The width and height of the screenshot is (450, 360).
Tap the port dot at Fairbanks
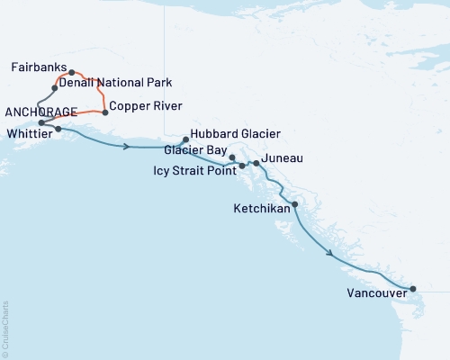click(71, 72)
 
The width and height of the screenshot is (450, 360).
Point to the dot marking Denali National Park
click(55, 88)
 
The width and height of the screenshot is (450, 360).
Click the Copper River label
click(142, 107)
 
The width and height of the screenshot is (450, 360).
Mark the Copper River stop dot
click(105, 112)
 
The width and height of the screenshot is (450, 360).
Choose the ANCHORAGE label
click(39, 112)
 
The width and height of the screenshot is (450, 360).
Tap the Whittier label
click(28, 130)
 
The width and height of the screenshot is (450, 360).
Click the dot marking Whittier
click(58, 129)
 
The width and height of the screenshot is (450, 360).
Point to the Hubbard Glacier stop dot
click(185, 139)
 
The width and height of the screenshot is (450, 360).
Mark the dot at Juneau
click(256, 163)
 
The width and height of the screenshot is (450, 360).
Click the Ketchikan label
click(261, 208)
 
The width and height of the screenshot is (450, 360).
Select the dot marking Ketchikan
click(295, 204)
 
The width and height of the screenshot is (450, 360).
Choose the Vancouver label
click(375, 292)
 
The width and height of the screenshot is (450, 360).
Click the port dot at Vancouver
click(413, 289)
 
